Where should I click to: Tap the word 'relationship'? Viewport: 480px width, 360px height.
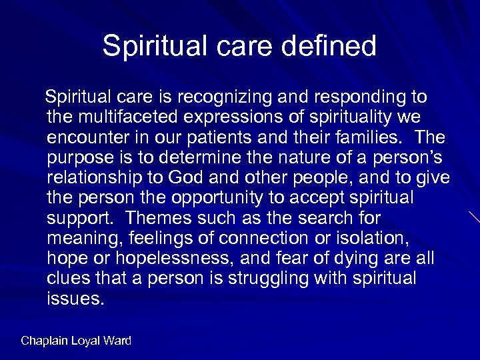[95, 179]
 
